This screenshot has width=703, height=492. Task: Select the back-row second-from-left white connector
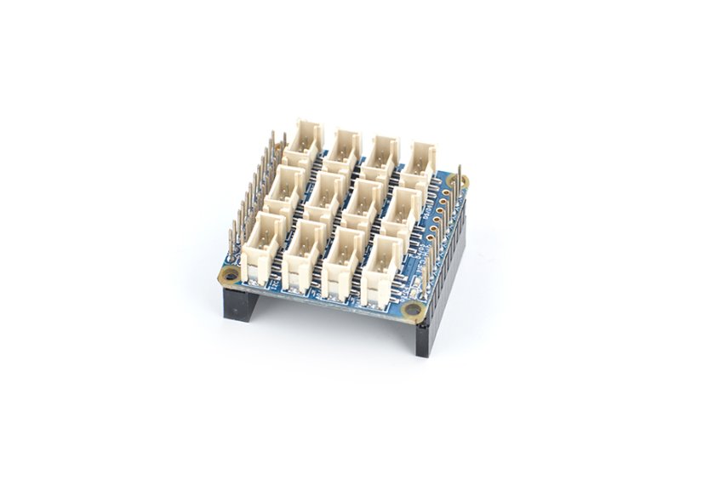[346, 146]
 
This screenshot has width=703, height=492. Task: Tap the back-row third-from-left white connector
[384, 151]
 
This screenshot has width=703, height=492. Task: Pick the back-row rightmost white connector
[421, 158]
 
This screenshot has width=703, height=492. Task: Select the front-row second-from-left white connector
[304, 252]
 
